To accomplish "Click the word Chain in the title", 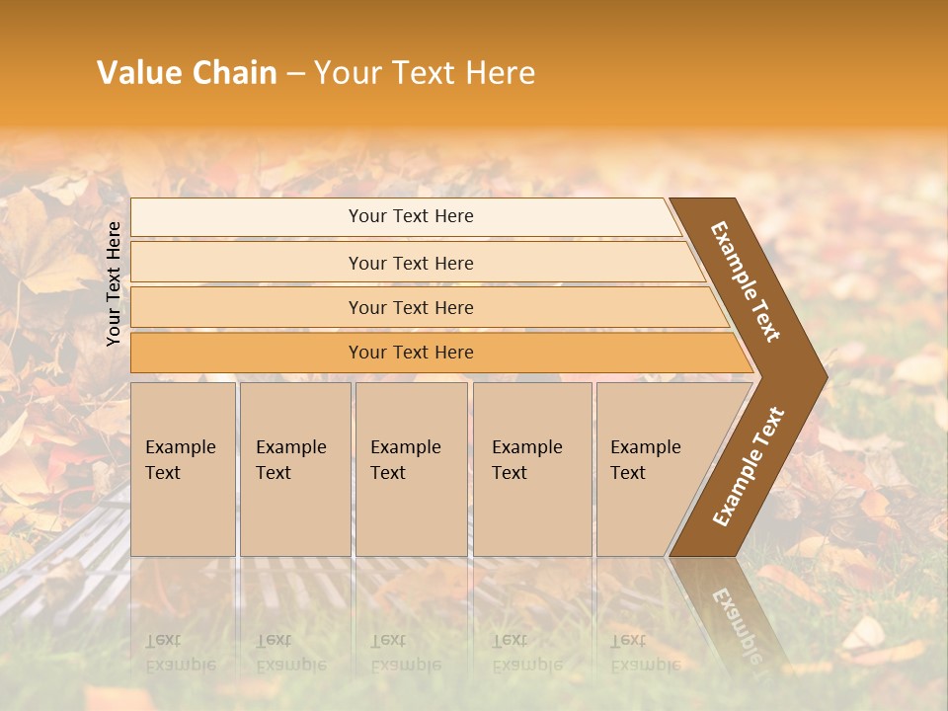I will [235, 73].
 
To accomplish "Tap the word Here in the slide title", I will [499, 73].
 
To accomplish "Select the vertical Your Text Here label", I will [114, 283].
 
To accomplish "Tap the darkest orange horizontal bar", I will [247, 353].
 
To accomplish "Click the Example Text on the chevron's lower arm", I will [749, 467].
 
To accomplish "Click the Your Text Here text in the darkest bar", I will [411, 353].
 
